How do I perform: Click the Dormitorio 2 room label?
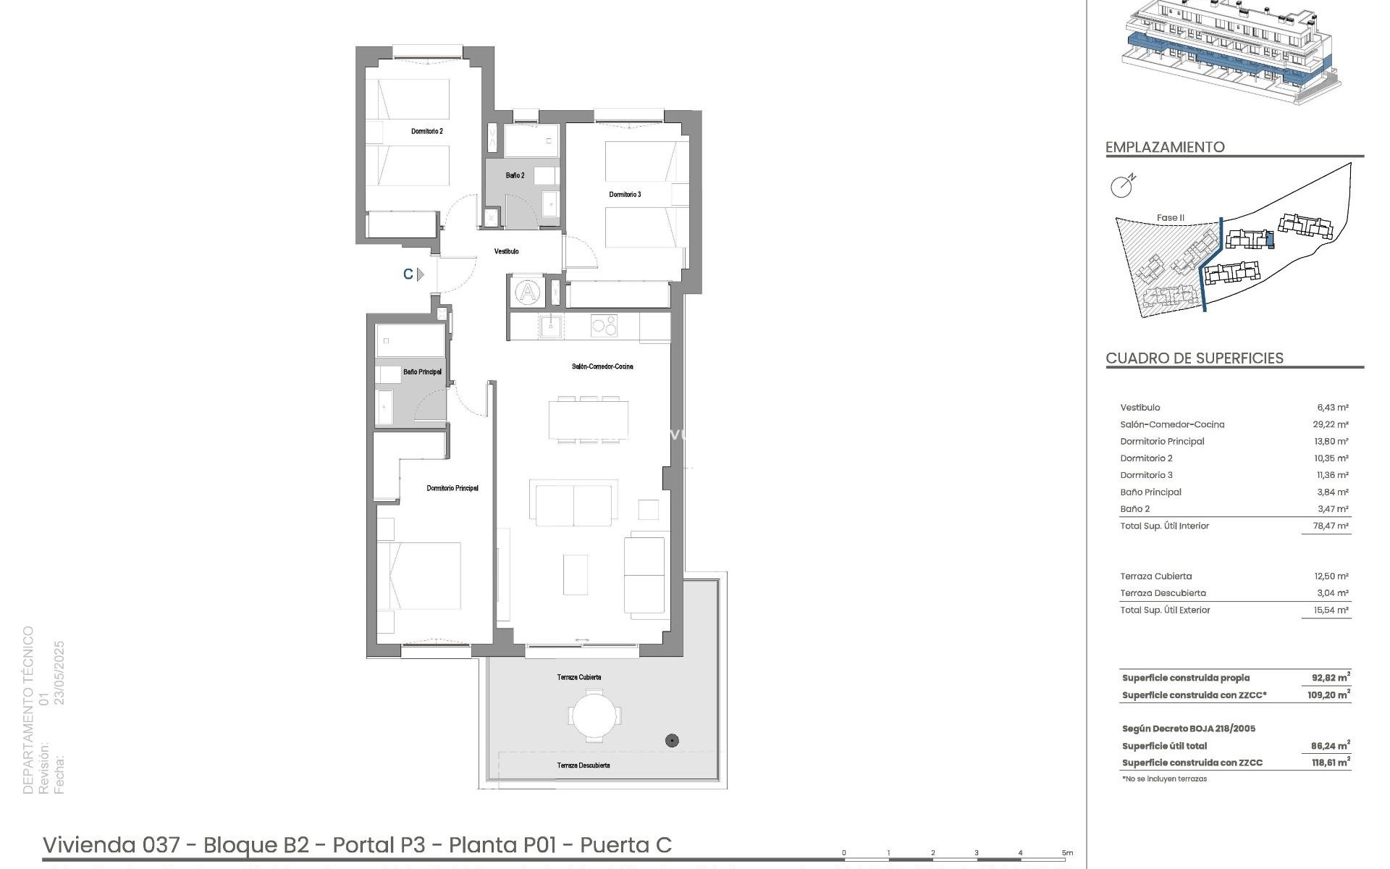[426, 131]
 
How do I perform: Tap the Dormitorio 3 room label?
[625, 194]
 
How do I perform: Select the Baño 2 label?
[515, 175]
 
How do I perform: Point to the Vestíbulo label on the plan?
[506, 251]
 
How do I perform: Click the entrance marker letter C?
[408, 274]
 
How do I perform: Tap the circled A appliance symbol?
[528, 293]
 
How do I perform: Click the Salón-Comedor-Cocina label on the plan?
[602, 366]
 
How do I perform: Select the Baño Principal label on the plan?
[422, 371]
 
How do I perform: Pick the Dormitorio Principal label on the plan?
[452, 488]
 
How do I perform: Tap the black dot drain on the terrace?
[673, 740]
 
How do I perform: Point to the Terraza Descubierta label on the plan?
[583, 765]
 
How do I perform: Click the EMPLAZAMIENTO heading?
[1165, 147]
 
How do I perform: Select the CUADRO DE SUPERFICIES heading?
[1195, 358]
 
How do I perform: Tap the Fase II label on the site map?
[1170, 217]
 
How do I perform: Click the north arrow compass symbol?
[1122, 186]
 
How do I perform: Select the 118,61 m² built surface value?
[1331, 763]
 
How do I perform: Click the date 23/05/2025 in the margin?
[59, 673]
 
